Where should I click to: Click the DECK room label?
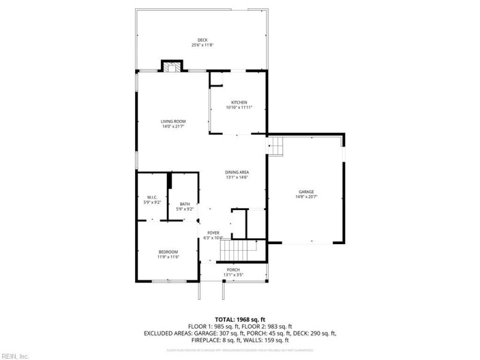point(202,40)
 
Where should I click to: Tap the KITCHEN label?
point(239,103)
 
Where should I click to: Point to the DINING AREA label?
point(237,172)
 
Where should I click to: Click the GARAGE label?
point(306,191)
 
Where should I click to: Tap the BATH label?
point(184,204)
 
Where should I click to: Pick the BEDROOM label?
point(168,251)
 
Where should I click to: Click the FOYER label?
point(213,233)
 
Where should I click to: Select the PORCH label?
point(233,270)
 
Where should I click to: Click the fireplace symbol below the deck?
point(173,66)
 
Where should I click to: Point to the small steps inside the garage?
point(275,146)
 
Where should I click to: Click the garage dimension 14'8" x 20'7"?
point(306,196)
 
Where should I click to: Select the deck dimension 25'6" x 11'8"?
point(202,45)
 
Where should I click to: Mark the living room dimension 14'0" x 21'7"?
point(173,127)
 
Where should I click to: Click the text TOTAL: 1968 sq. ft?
point(239,319)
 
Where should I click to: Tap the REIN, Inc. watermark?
point(15,356)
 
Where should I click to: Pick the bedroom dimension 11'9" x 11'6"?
point(168,256)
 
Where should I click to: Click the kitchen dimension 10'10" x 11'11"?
point(239,107)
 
